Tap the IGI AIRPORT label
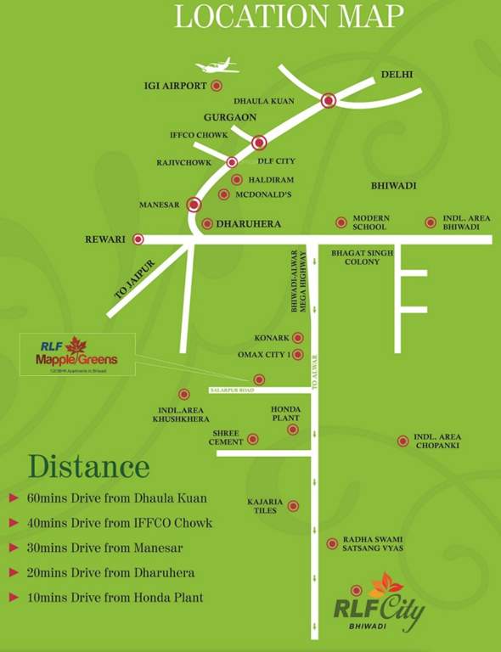point(176,86)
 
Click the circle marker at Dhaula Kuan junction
point(329,101)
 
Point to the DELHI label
point(397,75)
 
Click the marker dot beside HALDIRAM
point(237,179)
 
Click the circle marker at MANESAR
point(194,205)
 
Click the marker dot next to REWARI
point(138,239)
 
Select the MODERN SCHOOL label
point(370,222)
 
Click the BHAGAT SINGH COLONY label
point(362,257)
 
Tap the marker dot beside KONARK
point(297,338)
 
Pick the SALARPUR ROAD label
point(233,390)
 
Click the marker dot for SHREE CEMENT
point(252,440)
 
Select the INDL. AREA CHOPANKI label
point(437,441)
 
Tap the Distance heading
point(88,467)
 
